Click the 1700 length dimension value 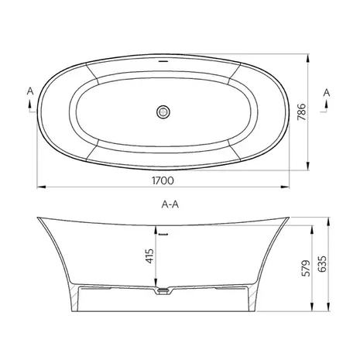(163, 180)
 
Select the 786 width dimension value (301, 111)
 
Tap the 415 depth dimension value (149, 255)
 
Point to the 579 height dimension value (306, 268)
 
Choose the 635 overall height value (322, 264)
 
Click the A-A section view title (170, 204)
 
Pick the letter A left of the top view (30, 91)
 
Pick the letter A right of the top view (327, 92)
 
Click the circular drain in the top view (163, 111)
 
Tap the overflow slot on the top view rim (163, 61)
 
